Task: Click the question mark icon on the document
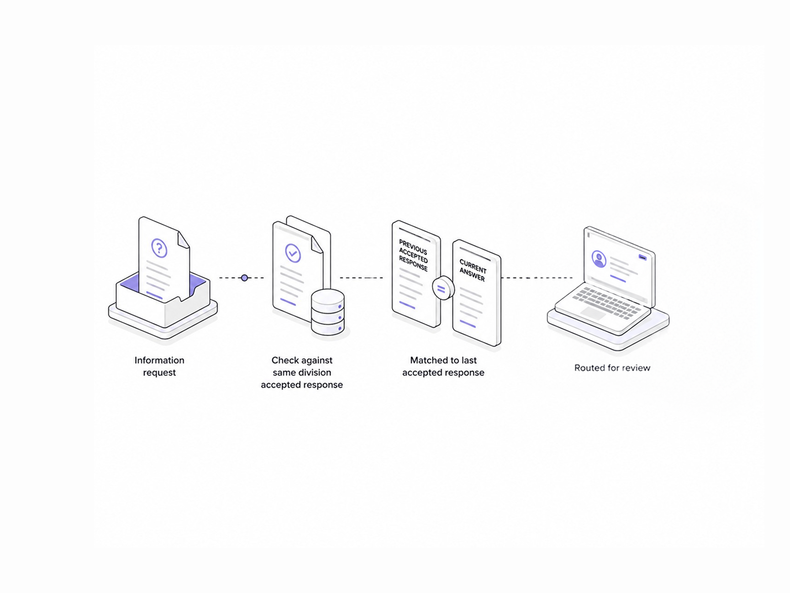(159, 248)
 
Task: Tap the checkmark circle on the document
(293, 253)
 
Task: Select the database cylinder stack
(327, 312)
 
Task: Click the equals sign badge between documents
(443, 288)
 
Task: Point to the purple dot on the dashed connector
(244, 278)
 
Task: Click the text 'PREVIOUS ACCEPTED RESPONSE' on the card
(413, 255)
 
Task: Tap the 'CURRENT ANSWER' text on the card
(473, 270)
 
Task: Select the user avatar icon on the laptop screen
(599, 259)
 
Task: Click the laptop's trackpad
(593, 313)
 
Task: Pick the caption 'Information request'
(159, 366)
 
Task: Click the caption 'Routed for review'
(612, 368)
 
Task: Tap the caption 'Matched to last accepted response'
(443, 366)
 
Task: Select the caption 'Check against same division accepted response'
(302, 372)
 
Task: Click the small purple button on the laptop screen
(642, 257)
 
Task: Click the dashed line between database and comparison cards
(361, 278)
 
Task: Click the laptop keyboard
(607, 302)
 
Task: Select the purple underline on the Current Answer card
(468, 324)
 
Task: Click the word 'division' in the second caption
(316, 372)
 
